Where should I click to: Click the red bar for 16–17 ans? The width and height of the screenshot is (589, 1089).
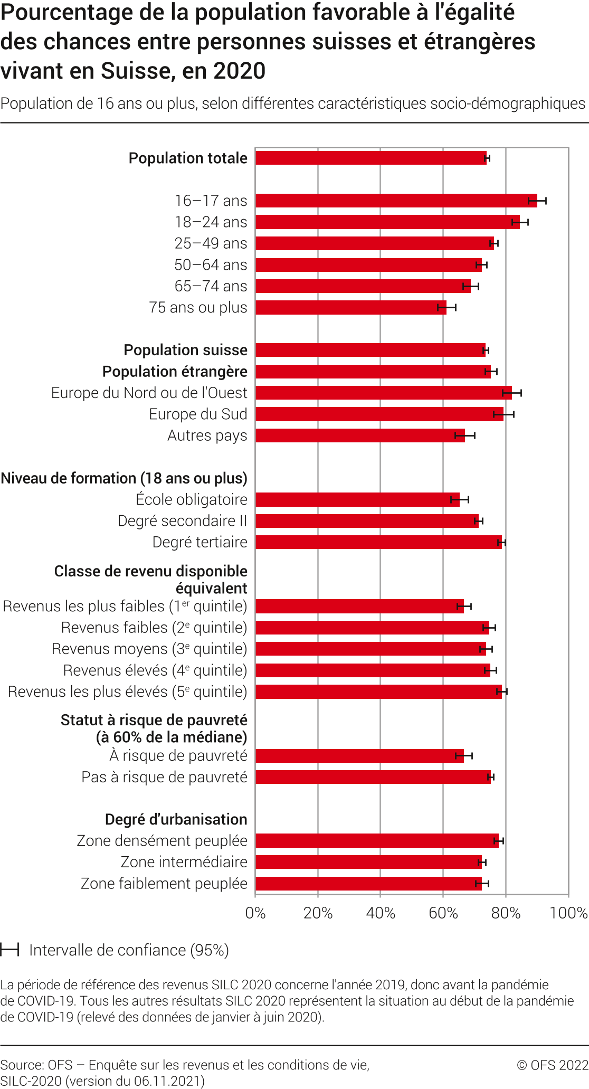[x=396, y=201]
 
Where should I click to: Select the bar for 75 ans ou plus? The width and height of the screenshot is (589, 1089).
[x=351, y=307]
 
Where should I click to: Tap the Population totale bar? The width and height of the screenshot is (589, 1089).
[x=371, y=158]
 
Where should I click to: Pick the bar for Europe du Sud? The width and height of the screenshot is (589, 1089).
[x=379, y=414]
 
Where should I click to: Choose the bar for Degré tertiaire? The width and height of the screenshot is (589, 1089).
[x=378, y=542]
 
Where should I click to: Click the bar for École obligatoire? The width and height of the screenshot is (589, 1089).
[x=357, y=499]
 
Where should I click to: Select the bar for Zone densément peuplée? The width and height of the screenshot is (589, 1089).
[x=377, y=840]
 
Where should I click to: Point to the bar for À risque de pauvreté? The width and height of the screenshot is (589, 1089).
[x=359, y=755]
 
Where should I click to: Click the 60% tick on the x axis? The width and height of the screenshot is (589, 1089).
[x=443, y=913]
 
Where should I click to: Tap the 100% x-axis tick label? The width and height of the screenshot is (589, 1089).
[x=568, y=913]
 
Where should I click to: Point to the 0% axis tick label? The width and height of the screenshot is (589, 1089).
[x=255, y=913]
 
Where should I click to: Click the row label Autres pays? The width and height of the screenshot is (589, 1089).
[x=207, y=435]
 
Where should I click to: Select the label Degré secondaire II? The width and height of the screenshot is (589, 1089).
[x=182, y=521]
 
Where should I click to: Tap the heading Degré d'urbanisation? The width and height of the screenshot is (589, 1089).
[x=176, y=819]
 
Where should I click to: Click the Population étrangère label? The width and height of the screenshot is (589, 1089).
[x=175, y=372]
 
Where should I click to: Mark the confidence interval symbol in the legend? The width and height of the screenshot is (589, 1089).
[x=9, y=950]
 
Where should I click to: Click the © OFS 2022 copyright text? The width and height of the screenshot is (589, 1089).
[x=552, y=1065]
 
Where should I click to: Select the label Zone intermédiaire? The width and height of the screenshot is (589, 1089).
[x=184, y=862]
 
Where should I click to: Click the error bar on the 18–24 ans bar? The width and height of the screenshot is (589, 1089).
[x=520, y=222]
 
